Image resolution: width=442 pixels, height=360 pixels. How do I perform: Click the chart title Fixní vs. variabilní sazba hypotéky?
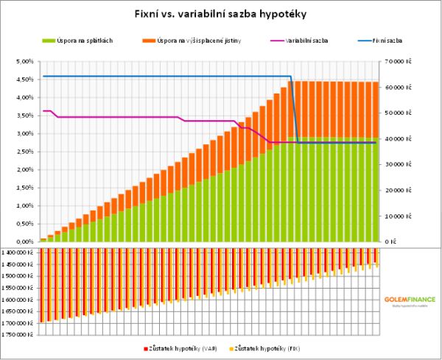pyautogui.click(x=221, y=13)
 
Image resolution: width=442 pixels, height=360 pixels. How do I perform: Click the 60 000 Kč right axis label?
pyautogui.click(x=398, y=87)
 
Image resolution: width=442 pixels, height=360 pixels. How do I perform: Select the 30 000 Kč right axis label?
pyautogui.click(x=398, y=164)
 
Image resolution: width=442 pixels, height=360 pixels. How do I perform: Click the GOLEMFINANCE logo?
pyautogui.click(x=410, y=300)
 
